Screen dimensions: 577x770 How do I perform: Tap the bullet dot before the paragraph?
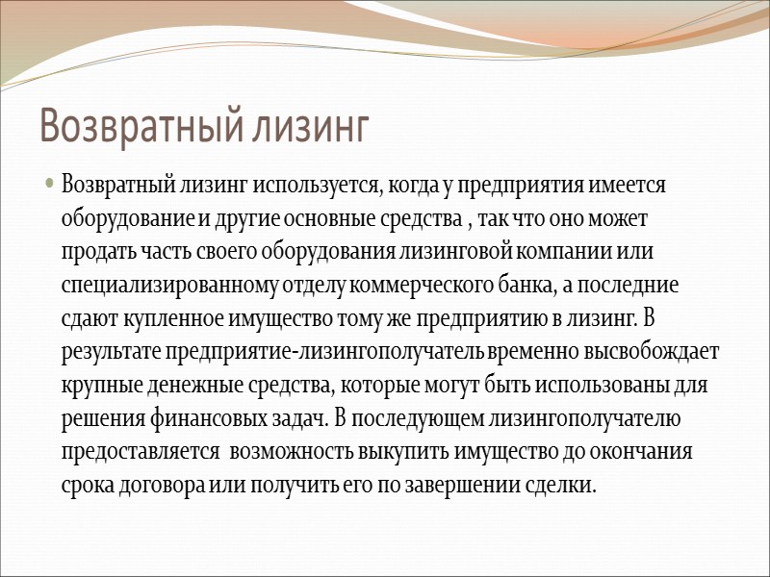(49, 184)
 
